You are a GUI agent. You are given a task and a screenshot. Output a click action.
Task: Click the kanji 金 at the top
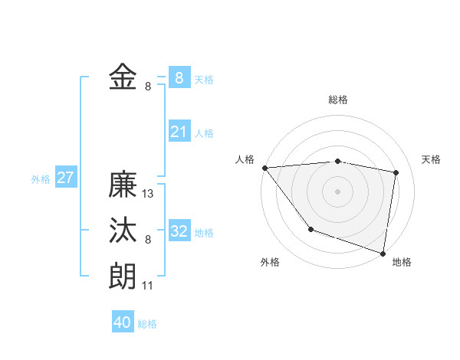tap(123, 77)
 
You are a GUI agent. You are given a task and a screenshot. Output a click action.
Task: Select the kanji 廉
tap(123, 185)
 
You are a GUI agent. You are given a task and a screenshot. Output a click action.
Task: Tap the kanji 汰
tap(123, 231)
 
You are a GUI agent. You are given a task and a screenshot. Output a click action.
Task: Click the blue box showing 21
tap(179, 132)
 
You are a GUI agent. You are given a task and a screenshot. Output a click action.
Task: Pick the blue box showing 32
tap(179, 231)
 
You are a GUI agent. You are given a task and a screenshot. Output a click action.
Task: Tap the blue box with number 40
tap(123, 322)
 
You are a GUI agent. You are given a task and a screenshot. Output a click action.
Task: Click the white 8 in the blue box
tap(179, 77)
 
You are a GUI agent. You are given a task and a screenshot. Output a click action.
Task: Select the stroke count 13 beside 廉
tap(148, 195)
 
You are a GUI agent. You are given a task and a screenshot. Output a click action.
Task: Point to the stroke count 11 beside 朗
tap(148, 286)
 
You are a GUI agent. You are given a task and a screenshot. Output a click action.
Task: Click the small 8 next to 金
tap(148, 87)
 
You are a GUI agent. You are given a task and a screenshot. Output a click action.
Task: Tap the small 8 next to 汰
tap(148, 240)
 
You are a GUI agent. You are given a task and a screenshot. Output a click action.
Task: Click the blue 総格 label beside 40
tap(147, 324)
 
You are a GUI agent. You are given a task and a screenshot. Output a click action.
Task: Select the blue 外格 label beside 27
tap(41, 179)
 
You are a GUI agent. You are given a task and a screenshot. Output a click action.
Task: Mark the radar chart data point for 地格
tap(383, 253)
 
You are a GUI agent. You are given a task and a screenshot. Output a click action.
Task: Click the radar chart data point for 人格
tap(264, 168)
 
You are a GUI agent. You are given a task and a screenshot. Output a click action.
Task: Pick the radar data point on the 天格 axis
tap(396, 172)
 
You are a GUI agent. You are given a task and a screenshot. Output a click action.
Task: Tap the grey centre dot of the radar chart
tap(337, 191)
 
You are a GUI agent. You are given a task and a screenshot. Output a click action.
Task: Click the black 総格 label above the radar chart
tap(337, 100)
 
